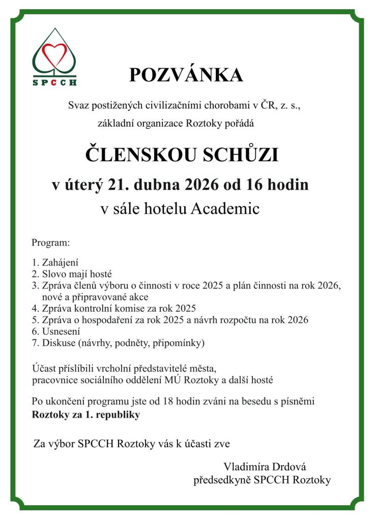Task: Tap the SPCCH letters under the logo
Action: pyautogui.click(x=54, y=81)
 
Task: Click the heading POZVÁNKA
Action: pyautogui.click(x=186, y=75)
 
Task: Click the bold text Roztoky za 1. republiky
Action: pyautogui.click(x=85, y=415)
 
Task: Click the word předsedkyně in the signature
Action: pyautogui.click(x=222, y=480)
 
